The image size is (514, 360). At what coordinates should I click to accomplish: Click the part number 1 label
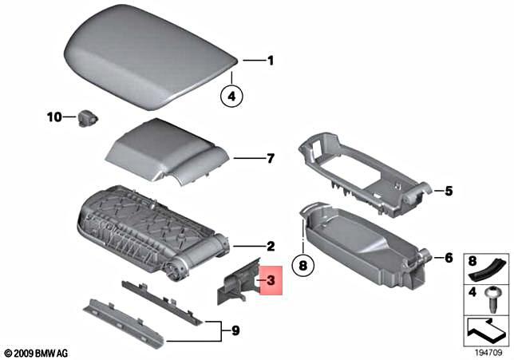pos(270,60)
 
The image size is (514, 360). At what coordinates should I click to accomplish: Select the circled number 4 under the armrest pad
pos(231,96)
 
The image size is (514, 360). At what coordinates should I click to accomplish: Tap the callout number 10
pos(53,118)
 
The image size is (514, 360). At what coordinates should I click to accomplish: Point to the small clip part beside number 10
pos(85,118)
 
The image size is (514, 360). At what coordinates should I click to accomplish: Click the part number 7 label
pos(270,159)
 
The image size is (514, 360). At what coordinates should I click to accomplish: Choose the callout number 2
pos(270,246)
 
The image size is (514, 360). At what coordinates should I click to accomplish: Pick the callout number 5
pos(449,191)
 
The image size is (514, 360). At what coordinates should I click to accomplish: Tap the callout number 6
pos(449,258)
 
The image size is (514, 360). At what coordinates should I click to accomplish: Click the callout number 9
pos(235,329)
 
